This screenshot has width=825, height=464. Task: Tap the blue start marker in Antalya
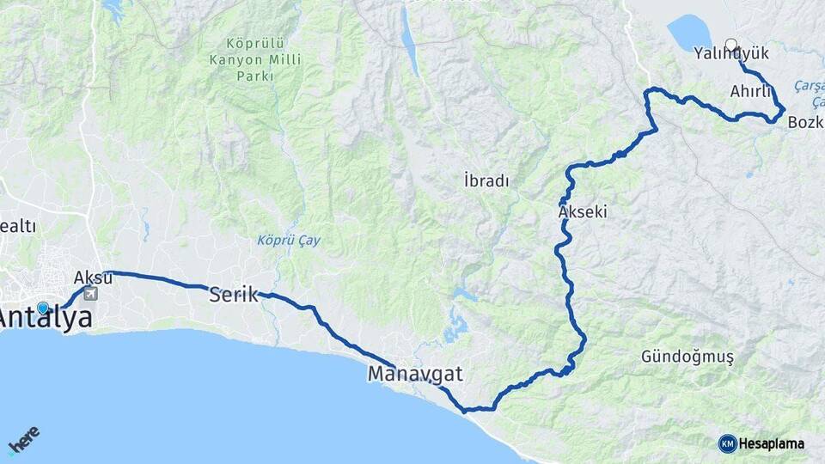pos(43,308)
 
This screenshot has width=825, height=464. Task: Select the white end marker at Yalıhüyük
pos(731,44)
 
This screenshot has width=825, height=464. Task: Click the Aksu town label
pos(93,277)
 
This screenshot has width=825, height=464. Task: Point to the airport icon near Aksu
pos(91,294)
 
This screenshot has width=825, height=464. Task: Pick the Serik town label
pos(233,295)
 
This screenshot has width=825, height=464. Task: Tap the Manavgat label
pos(415,374)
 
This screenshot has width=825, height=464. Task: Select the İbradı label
pos(486,181)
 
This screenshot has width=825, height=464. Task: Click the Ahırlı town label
pos(748,90)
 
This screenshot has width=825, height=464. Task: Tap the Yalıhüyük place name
pos(731,54)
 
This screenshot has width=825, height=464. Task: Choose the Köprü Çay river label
pos(289,241)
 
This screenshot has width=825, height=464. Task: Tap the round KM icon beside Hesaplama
pos(727,443)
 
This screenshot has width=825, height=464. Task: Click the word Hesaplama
pos(772,443)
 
